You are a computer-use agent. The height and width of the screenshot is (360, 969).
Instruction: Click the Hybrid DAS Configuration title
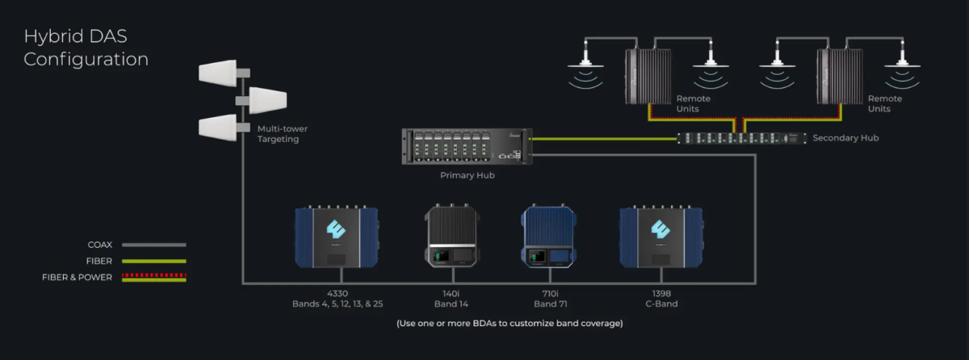pos(86,48)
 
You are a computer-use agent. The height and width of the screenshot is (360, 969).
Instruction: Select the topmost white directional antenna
pos(218,71)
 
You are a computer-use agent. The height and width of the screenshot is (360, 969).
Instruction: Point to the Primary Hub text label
pos(467,174)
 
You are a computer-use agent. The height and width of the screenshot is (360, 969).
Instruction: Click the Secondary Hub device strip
pos(740,139)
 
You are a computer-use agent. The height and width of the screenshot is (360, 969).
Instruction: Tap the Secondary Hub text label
pos(845,139)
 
